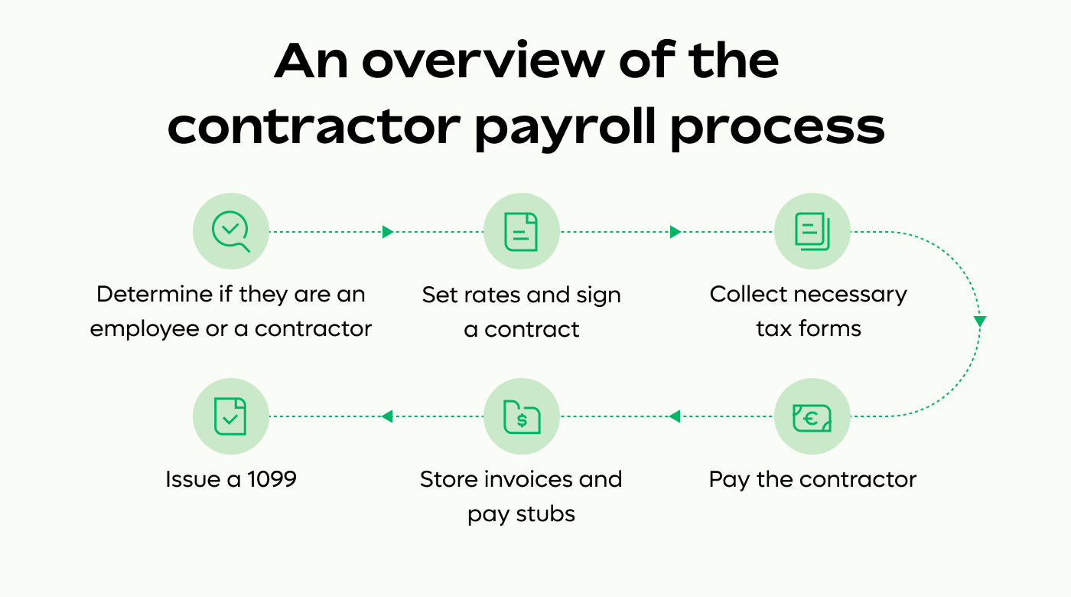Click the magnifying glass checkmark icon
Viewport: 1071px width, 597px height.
click(231, 231)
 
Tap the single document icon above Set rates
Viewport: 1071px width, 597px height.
click(521, 231)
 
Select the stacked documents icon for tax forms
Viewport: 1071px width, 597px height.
click(812, 231)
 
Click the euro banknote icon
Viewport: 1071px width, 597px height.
click(812, 416)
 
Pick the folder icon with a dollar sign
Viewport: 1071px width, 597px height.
click(521, 416)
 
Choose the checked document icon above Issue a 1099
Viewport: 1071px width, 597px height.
click(231, 416)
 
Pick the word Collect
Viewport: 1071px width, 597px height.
click(744, 295)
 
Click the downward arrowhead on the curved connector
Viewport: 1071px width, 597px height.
click(980, 322)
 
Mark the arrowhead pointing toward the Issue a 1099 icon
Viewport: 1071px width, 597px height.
click(386, 416)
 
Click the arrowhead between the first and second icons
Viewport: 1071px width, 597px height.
click(388, 231)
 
